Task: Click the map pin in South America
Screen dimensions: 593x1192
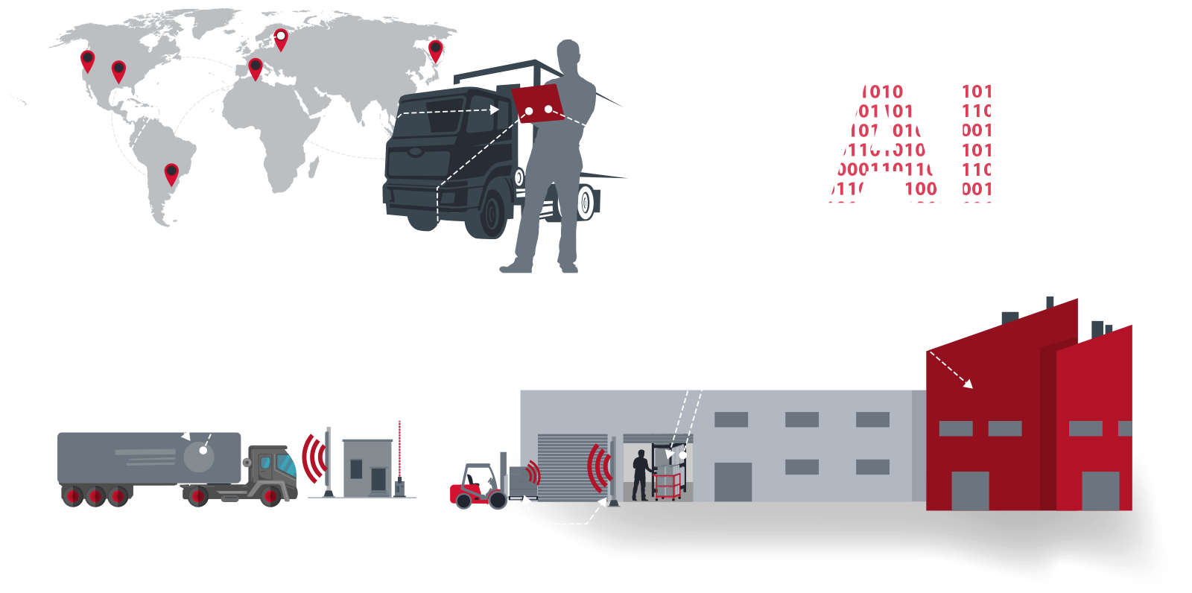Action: (x=171, y=174)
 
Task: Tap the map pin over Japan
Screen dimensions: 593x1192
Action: (x=436, y=50)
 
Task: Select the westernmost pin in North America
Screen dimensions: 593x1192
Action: (x=87, y=60)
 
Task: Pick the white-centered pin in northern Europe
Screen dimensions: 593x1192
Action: (x=281, y=37)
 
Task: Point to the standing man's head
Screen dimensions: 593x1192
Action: (x=568, y=54)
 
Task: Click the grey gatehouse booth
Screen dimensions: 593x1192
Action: (x=367, y=468)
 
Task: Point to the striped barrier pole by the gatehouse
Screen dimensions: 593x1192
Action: (x=399, y=451)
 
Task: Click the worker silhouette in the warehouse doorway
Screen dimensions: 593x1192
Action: (x=639, y=475)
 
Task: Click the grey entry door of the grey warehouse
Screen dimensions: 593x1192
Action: (x=733, y=482)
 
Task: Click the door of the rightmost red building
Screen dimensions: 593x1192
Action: (x=1100, y=492)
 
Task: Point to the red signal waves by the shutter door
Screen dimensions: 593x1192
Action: (x=598, y=468)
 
